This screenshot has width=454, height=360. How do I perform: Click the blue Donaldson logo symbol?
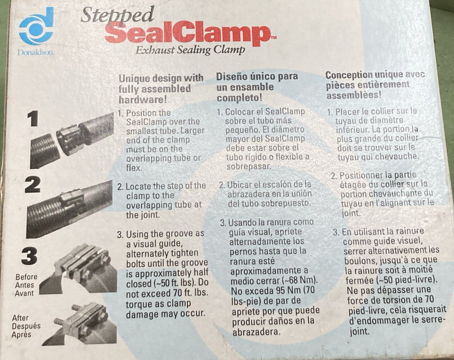click(x=36, y=26)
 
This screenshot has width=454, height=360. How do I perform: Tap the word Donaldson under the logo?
click(x=35, y=52)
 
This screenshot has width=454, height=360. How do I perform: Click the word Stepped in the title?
click(x=117, y=15)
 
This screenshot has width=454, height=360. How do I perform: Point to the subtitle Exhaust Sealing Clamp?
click(x=190, y=50)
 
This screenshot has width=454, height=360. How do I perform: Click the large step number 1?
click(x=33, y=119)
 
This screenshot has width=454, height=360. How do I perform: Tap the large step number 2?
click(x=33, y=185)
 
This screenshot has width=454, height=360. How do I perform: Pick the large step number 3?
click(x=29, y=256)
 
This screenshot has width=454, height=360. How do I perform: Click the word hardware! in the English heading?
click(x=143, y=100)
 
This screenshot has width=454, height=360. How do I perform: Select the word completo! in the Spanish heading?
click(x=239, y=98)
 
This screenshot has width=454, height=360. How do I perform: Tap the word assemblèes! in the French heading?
click(x=354, y=95)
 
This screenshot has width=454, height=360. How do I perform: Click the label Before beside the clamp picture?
click(x=26, y=277)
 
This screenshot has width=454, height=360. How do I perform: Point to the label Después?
click(x=26, y=326)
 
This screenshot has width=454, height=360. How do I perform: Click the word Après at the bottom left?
click(x=21, y=334)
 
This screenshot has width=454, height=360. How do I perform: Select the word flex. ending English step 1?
click(x=134, y=167)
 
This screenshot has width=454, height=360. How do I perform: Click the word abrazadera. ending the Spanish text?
click(x=256, y=332)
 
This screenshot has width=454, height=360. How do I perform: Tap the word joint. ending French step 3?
click(x=359, y=331)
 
